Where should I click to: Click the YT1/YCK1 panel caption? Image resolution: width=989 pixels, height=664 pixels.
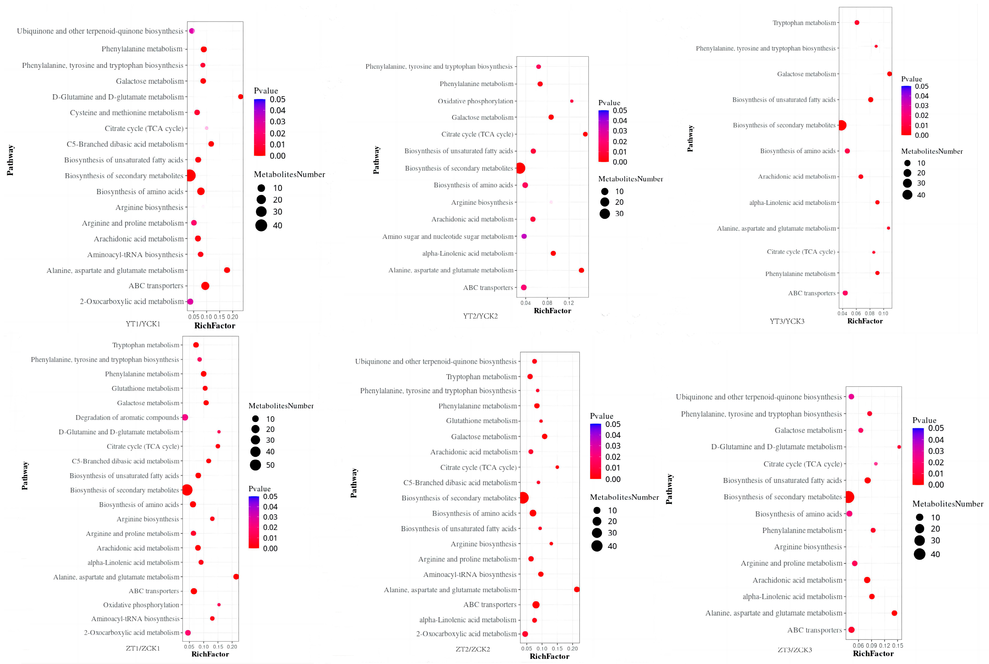[x=143, y=324]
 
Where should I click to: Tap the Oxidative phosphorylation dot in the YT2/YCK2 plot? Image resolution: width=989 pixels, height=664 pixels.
[x=572, y=101]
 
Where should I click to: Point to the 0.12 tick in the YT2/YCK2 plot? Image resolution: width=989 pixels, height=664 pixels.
[x=569, y=303]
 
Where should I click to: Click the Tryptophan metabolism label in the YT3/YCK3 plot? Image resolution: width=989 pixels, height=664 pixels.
[x=804, y=23]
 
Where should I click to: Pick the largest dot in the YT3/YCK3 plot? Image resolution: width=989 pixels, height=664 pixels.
[x=842, y=125]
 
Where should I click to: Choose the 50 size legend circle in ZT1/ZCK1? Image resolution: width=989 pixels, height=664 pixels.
[x=255, y=465]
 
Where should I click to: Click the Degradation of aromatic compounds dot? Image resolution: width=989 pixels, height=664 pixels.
[x=185, y=418]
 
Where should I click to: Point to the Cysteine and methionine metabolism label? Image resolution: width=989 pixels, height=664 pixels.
[x=127, y=113]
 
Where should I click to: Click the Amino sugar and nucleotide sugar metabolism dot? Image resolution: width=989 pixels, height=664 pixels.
[x=524, y=236]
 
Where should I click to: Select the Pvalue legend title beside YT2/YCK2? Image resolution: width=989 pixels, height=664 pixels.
[x=609, y=103]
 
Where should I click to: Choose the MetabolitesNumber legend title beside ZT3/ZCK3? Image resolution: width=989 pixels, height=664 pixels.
[x=947, y=504]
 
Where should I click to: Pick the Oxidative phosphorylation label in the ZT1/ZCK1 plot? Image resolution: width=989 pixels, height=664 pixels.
[x=141, y=605]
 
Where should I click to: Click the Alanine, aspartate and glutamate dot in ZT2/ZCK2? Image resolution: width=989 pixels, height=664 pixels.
[x=576, y=589]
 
